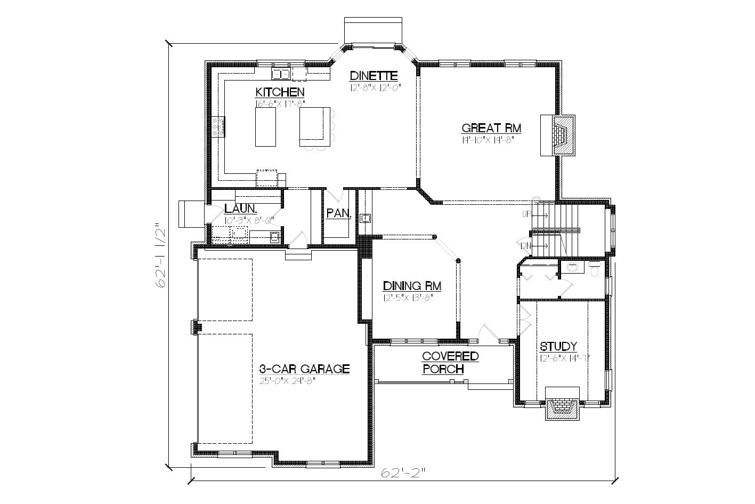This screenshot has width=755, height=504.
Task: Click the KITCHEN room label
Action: pos(280,92)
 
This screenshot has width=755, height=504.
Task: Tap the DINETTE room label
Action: pos(374,76)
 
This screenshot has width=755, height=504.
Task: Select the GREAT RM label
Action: pos(491,128)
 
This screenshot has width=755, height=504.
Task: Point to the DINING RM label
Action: pos(412,286)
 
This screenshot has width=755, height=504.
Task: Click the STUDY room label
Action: pos(558,347)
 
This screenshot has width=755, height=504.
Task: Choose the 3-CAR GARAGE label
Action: pos(304,369)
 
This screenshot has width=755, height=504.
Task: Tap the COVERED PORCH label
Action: pos(450,363)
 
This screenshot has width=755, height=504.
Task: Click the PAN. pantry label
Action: pos(338,213)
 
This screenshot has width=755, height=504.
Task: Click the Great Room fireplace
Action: pos(559,134)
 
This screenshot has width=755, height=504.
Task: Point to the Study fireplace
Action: pos(561,408)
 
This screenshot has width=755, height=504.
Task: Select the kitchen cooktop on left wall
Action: pos(218,127)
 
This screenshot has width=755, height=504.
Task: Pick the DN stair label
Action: pos(526,245)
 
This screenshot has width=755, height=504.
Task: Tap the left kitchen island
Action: pos(265,127)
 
